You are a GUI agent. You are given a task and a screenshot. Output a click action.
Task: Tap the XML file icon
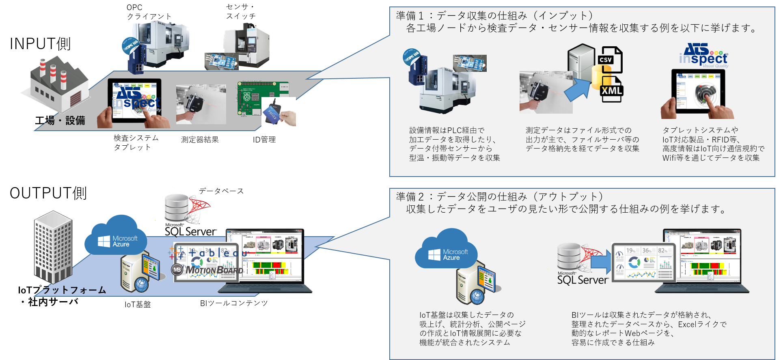pyautogui.click(x=611, y=91)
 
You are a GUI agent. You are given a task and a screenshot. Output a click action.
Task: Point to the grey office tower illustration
pyautogui.click(x=53, y=246)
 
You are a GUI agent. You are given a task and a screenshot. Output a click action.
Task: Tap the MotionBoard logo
pyautogui.click(x=208, y=270)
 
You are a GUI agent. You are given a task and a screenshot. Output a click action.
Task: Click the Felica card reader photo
pyautogui.click(x=278, y=112)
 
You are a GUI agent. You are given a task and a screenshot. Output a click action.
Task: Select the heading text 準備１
pyautogui.click(x=410, y=16)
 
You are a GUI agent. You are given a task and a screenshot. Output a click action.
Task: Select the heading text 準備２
pyautogui.click(x=410, y=197)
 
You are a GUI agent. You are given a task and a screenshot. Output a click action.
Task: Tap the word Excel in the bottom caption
pyautogui.click(x=687, y=324)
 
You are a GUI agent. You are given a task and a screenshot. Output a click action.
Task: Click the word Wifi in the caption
pyautogui.click(x=669, y=158)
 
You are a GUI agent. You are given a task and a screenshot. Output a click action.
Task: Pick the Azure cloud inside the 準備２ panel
pyautogui.click(x=447, y=250)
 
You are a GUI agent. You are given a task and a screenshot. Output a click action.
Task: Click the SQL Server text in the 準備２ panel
pyautogui.click(x=583, y=280)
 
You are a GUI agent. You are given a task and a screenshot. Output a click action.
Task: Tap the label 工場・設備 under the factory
pyautogui.click(x=65, y=121)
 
